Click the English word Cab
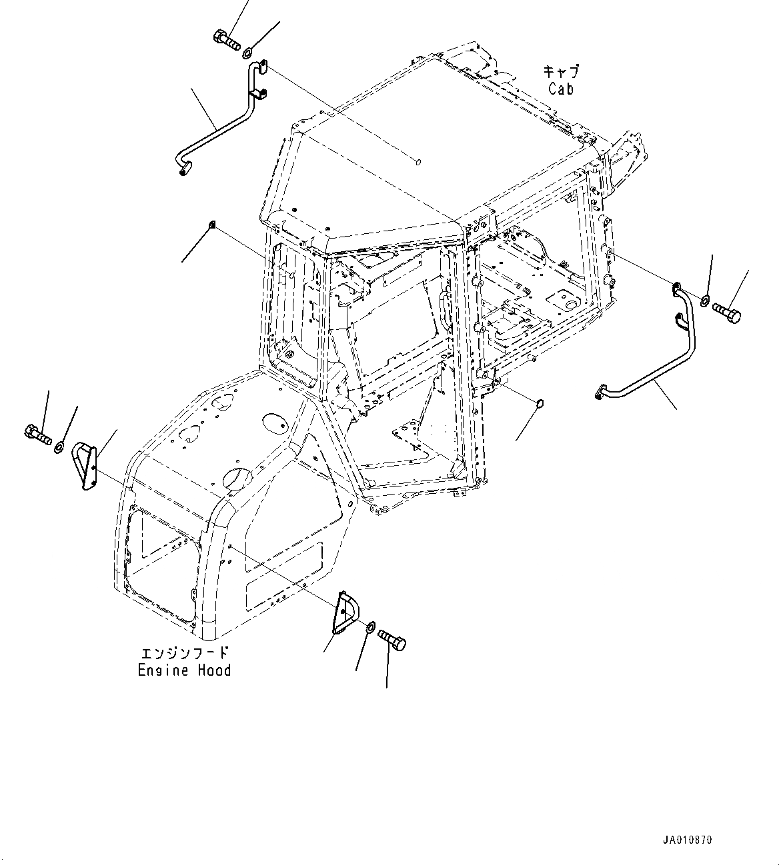[561, 88]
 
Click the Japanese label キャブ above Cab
[561, 71]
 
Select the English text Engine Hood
[184, 670]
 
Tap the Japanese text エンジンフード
[184, 652]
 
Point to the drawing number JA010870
[687, 840]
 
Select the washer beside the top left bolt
[247, 52]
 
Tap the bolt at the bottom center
[392, 640]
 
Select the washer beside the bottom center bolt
[370, 627]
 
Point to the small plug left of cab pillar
[211, 224]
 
